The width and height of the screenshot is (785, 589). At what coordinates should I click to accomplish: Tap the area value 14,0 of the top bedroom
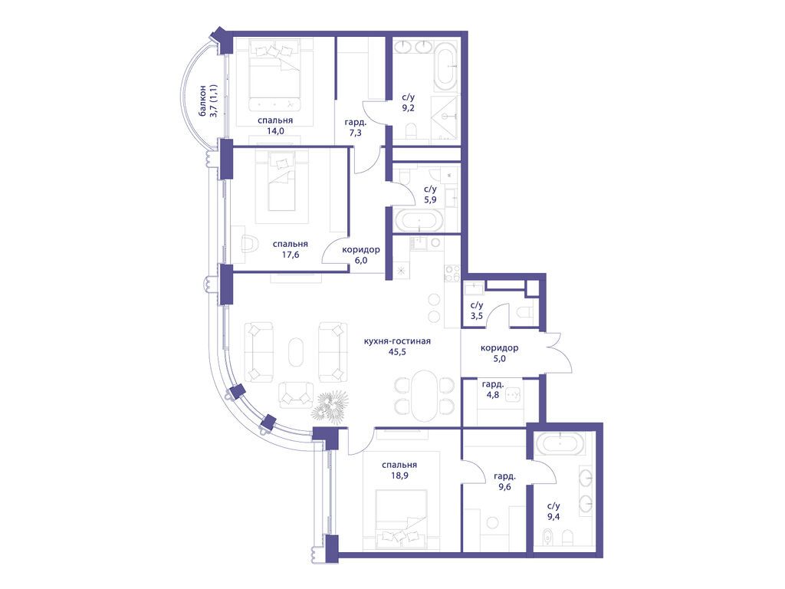(275, 132)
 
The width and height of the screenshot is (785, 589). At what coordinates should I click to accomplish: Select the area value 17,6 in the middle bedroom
(291, 255)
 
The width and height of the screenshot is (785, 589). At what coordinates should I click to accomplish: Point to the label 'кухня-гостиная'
(397, 341)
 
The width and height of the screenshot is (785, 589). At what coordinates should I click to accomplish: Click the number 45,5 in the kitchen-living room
(397, 352)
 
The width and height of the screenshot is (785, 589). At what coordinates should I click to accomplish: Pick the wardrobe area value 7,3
(356, 133)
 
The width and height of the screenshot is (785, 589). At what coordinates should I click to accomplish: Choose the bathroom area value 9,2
(409, 107)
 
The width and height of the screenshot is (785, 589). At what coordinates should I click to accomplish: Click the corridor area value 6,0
(360, 261)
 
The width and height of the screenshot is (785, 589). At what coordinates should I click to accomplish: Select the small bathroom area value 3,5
(476, 316)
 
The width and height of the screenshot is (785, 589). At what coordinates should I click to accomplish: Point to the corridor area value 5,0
(499, 359)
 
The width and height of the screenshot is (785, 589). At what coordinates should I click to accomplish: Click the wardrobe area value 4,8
(493, 395)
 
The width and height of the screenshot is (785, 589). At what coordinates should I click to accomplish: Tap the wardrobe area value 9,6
(504, 487)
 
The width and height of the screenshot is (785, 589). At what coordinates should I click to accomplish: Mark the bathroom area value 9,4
(553, 517)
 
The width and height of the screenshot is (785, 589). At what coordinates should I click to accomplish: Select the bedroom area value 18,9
(399, 475)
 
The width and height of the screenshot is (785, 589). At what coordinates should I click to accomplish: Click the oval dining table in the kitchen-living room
(424, 396)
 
